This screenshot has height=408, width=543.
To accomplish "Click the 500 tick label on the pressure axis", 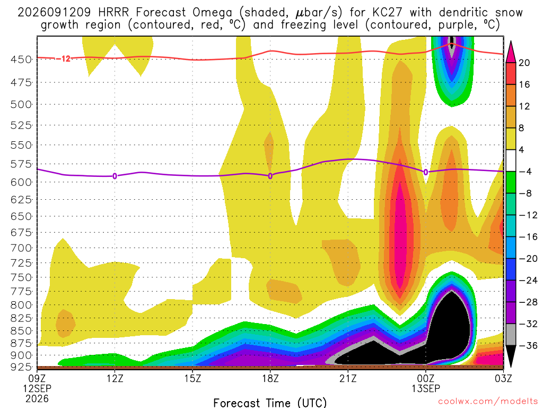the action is pos(21,105).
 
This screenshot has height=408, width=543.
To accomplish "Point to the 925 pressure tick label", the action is pos(21,367).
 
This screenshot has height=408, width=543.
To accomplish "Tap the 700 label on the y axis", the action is pos(21,248).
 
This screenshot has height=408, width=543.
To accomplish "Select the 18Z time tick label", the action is pos(270,378).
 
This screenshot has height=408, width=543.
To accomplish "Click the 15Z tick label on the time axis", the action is pos(193,378).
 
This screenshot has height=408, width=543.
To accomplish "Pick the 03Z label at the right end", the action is pos(503,378).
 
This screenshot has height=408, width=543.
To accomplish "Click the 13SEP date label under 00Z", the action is pos(426,388).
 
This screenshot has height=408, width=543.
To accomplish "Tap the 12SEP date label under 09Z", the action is pos(37,388).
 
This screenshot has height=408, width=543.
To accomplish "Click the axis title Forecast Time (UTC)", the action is pos(270,403).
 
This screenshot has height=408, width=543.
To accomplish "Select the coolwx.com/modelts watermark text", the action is pos(488,402).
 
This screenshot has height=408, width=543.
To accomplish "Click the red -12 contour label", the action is pos(64,58).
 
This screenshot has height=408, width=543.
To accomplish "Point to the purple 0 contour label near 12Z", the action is pos(115,176).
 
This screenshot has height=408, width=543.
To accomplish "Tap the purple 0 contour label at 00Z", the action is pos(426,172).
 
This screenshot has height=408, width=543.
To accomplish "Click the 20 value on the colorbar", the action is pos(524,63).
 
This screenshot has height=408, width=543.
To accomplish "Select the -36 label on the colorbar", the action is pos(528,345).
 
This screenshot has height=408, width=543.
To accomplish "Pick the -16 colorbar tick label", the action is pos(528,237).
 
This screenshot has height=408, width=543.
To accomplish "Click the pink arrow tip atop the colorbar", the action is pos(511,41).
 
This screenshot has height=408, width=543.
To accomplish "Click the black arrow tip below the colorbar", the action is pos(511,367).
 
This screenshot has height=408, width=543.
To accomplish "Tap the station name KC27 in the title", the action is pos(388,13).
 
